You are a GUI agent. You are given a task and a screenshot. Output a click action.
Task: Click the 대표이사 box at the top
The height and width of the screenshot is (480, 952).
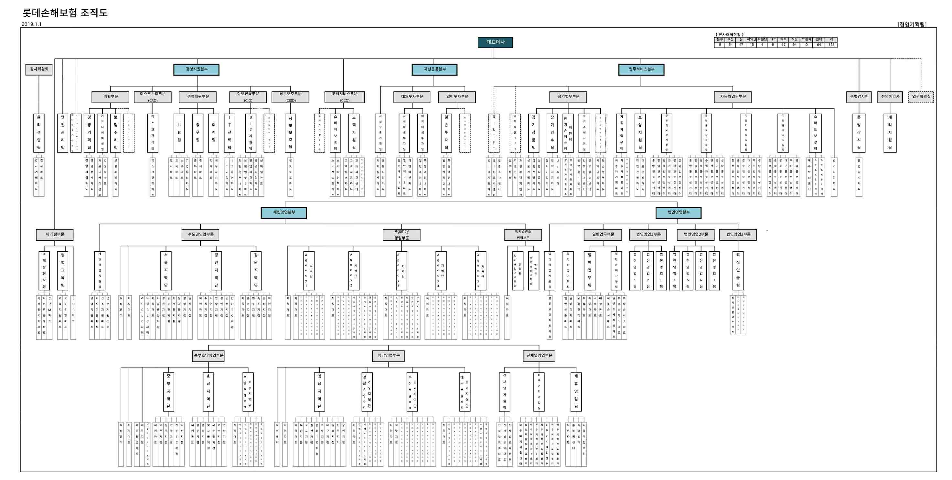point(495,42)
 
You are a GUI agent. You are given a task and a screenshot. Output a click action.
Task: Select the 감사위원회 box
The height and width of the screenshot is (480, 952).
point(39,69)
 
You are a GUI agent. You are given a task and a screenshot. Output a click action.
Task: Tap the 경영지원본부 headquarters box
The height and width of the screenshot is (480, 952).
point(196,69)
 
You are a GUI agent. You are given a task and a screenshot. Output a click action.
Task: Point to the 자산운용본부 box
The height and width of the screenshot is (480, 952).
point(434,69)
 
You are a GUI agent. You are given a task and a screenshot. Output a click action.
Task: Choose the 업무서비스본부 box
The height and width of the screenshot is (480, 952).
point(641,69)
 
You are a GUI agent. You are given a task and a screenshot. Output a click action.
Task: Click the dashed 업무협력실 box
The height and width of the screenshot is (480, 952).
point(921,97)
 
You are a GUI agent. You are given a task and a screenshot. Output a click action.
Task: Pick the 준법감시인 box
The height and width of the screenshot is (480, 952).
point(859,97)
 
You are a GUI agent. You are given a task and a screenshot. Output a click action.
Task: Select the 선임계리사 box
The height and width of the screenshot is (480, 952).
point(890,97)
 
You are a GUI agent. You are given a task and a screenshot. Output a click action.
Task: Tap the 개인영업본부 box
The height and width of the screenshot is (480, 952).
point(284,213)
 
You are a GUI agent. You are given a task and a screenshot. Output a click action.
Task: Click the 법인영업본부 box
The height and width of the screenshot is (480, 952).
point(679,213)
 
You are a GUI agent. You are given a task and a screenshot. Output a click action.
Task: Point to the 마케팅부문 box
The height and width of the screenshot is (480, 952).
point(55,235)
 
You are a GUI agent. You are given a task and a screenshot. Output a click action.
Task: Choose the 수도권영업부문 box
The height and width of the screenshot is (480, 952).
point(201,235)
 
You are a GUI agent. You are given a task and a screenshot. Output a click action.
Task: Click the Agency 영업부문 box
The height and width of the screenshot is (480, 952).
point(401,235)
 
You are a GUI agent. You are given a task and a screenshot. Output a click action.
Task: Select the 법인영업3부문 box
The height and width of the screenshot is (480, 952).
point(738,235)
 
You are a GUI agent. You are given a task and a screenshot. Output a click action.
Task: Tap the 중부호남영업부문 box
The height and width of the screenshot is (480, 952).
point(209,356)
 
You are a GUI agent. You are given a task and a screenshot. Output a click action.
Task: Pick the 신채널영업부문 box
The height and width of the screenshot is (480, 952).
point(539,356)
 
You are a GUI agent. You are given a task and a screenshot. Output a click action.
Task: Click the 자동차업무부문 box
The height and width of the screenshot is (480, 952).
point(733,97)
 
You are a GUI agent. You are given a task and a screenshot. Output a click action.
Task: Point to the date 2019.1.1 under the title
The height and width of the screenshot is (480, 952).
point(32,24)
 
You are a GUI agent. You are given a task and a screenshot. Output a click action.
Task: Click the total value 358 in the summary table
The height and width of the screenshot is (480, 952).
point(831,45)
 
